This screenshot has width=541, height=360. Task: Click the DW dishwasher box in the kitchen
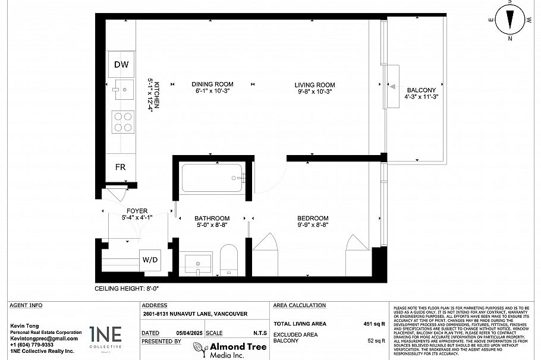coord(121,65)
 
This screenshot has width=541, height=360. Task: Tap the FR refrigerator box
coord(121,167)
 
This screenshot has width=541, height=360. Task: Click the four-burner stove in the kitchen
coord(123,122)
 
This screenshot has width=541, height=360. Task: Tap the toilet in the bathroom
coord(228,259)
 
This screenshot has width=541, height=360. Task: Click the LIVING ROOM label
coord(314,84)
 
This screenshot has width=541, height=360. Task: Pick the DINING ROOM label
coord(212,84)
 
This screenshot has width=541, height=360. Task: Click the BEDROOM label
coord(313,218)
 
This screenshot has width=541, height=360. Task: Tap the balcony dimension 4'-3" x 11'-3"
coord(421,97)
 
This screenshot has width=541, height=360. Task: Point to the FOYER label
coord(137,211)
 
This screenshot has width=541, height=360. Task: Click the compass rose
coord(509,20)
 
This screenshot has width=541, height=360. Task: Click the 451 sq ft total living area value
coord(375,324)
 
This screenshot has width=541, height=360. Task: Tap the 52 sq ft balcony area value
coord(376,340)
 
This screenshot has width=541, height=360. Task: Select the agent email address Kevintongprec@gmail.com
coord(44,338)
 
